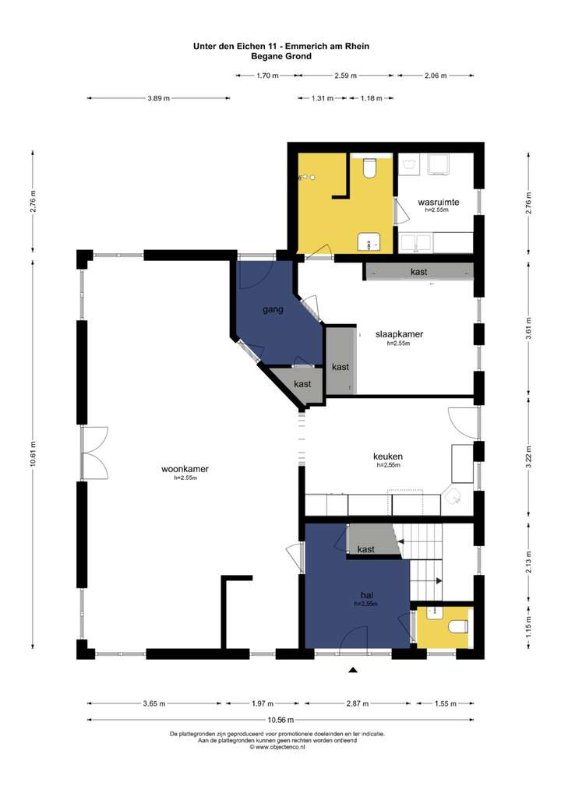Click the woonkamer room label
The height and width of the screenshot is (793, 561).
tap(185, 469)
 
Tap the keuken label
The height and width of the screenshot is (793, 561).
tap(388, 456)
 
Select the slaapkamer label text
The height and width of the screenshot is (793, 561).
tap(399, 334)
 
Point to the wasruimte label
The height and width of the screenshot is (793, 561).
tap(438, 203)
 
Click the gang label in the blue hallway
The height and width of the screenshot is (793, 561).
tap(273, 309)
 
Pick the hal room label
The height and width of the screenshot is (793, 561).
tap(367, 595)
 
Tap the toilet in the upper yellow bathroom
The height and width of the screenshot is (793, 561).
tap(370, 168)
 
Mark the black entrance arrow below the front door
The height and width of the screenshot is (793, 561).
tap(353, 670)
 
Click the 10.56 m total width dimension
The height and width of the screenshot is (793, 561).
tap(280, 721)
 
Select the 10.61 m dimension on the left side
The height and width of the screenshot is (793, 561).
tap(33, 455)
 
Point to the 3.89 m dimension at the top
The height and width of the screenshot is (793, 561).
tap(158, 98)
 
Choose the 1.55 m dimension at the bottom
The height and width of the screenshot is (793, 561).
tap(445, 703)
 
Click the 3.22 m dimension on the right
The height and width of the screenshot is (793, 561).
tap(528, 457)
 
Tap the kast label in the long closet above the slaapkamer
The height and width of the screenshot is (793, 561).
tap(419, 272)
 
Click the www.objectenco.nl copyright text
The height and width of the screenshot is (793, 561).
tap(277, 747)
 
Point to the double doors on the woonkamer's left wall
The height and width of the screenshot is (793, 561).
tap(94, 453)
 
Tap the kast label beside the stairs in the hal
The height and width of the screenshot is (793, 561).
tap(365, 549)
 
